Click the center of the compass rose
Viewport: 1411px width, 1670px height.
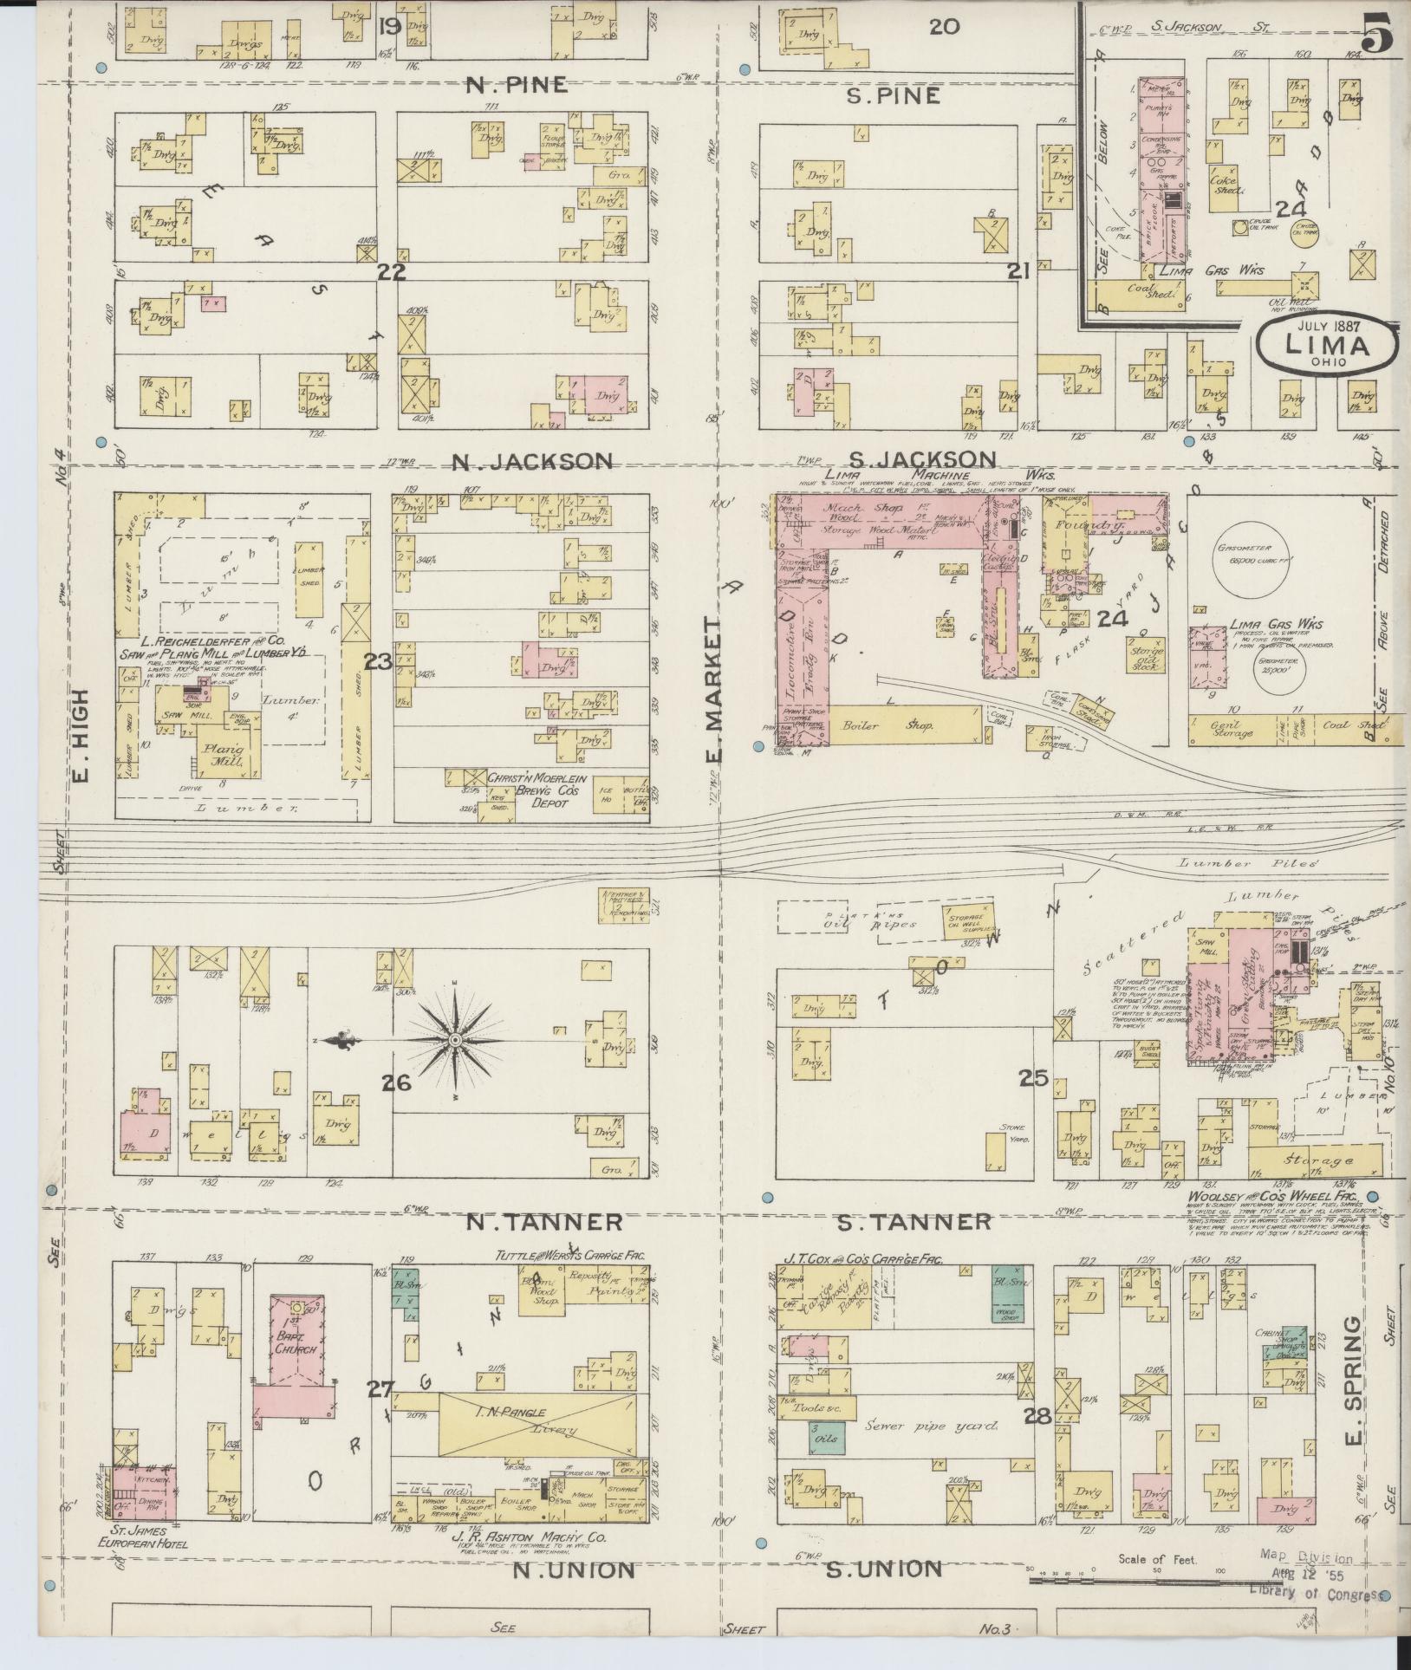point(455,1039)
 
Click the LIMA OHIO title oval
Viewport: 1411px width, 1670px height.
point(1326,346)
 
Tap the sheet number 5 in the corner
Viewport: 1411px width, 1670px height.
point(1376,37)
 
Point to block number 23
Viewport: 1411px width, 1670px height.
point(378,662)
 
